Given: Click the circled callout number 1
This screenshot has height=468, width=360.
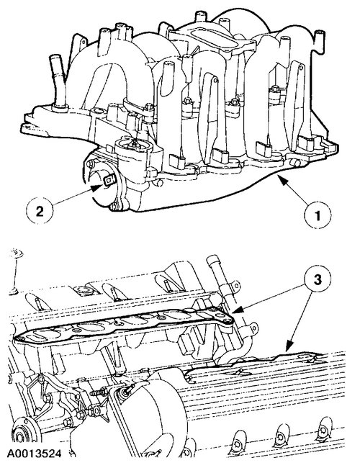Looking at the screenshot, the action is (x=318, y=215).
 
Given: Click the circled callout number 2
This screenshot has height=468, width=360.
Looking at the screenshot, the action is (x=40, y=211).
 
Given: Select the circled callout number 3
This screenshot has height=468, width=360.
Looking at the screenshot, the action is (x=318, y=279).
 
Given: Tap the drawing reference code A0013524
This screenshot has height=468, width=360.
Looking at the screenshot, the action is (x=35, y=454).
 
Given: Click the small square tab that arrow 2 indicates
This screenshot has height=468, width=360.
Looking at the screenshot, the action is (x=108, y=180).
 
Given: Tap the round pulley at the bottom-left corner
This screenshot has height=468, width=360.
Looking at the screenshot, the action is (x=20, y=436).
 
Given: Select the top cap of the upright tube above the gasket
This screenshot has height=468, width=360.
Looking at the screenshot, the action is (x=212, y=259).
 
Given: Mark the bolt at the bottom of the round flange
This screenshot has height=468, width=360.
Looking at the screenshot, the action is (x=113, y=207).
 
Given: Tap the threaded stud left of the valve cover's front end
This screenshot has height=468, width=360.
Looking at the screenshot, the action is (x=98, y=392).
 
